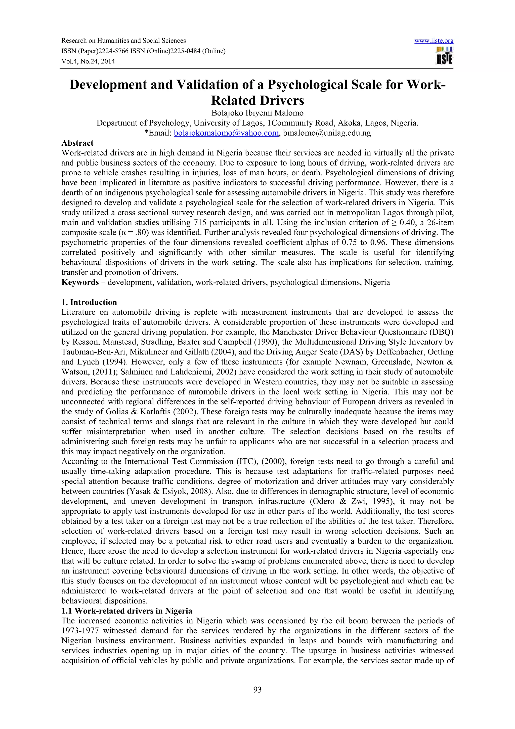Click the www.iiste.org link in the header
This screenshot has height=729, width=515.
click(434, 41)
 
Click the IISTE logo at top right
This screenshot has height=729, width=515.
click(445, 56)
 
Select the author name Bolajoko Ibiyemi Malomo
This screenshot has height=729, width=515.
click(257, 113)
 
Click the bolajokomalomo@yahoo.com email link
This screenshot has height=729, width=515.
click(226, 133)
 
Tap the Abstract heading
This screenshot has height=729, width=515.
click(77, 143)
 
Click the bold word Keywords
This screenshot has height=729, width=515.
click(80, 282)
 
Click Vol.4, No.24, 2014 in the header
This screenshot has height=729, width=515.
click(88, 61)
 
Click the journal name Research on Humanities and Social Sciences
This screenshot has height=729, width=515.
click(123, 41)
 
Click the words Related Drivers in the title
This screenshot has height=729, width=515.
click(257, 100)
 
